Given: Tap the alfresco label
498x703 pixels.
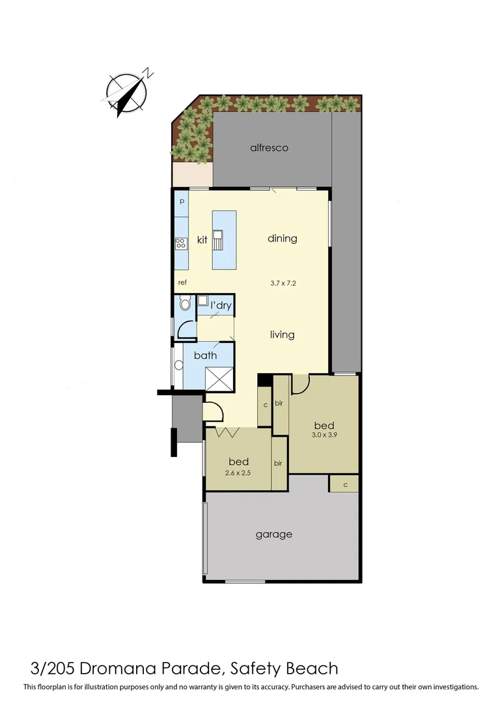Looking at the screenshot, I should tap(269, 148).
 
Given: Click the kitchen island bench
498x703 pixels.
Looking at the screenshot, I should tap(224, 240).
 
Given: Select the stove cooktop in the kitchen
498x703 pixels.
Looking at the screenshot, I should tap(180, 243).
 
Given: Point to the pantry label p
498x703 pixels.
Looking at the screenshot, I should tap(182, 201).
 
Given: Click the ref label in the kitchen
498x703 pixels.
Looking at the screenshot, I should tap(182, 283).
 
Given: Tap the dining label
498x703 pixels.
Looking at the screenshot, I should tap(282, 238).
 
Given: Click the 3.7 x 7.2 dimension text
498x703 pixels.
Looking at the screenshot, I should tap(283, 283).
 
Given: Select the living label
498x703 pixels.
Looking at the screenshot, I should tap(282, 335).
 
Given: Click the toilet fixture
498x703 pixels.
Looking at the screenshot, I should tap(184, 304).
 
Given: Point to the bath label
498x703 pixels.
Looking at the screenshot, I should tap(205, 355).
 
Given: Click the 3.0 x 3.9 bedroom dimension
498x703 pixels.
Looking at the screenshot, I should tap(324, 435).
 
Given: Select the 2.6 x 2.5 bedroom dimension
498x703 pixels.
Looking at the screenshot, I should tap(238, 473).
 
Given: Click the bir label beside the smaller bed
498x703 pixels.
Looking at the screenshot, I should tap(278, 463).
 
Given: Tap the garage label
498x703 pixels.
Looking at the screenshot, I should tap(273, 534).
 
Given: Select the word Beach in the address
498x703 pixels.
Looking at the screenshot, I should tap(311, 669).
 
